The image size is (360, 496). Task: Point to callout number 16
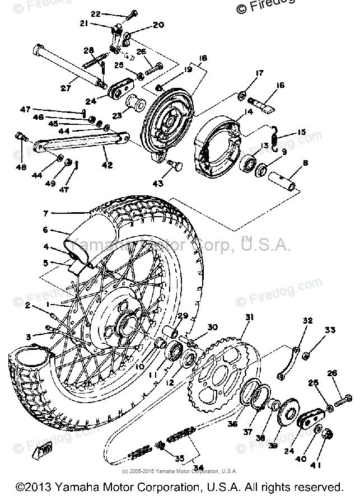tap(280, 85)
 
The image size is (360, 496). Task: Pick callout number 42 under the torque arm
tap(107, 165)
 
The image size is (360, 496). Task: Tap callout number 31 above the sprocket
tap(248, 317)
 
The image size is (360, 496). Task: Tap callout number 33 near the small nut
tap(330, 330)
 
